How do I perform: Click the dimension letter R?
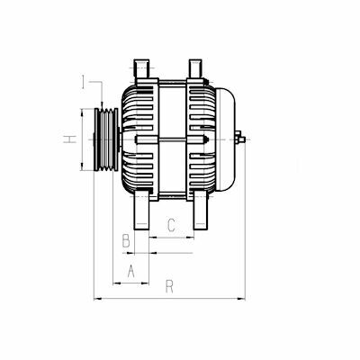(169, 286)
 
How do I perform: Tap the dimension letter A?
(130, 271)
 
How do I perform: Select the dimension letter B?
(126, 240)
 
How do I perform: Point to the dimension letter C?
(171, 225)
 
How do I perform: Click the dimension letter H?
(70, 139)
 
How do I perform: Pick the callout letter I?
(84, 82)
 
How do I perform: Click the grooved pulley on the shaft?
(106, 139)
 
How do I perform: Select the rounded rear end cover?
(225, 139)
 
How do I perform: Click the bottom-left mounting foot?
(141, 209)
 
